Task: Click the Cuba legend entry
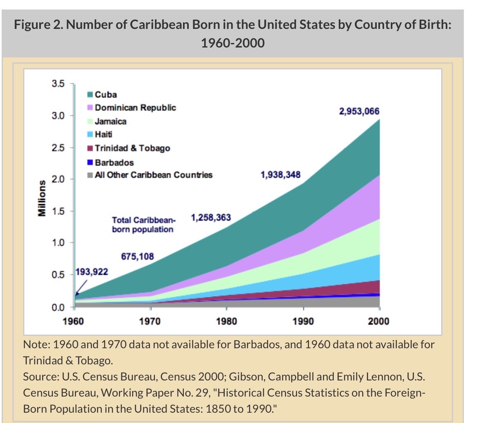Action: [x=106, y=95]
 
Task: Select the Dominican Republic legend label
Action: [x=135, y=108]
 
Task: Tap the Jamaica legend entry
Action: [x=110, y=121]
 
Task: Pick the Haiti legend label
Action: [x=103, y=134]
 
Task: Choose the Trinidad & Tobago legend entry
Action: [x=132, y=148]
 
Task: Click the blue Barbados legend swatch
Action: [x=90, y=162]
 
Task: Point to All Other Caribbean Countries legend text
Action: [x=153, y=175]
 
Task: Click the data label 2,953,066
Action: [x=359, y=112]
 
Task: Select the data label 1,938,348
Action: [x=280, y=175]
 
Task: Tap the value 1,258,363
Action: [x=211, y=217]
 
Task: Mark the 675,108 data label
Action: [x=137, y=257]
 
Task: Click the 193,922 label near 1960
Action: [x=92, y=272]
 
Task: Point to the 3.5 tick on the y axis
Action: [x=58, y=84]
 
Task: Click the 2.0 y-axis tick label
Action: [x=58, y=179]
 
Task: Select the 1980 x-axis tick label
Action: [x=226, y=321]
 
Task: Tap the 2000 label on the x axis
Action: [x=378, y=321]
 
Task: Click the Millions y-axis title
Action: [x=42, y=198]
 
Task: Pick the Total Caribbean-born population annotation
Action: [x=143, y=225]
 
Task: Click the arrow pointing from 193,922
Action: [x=81, y=286]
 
